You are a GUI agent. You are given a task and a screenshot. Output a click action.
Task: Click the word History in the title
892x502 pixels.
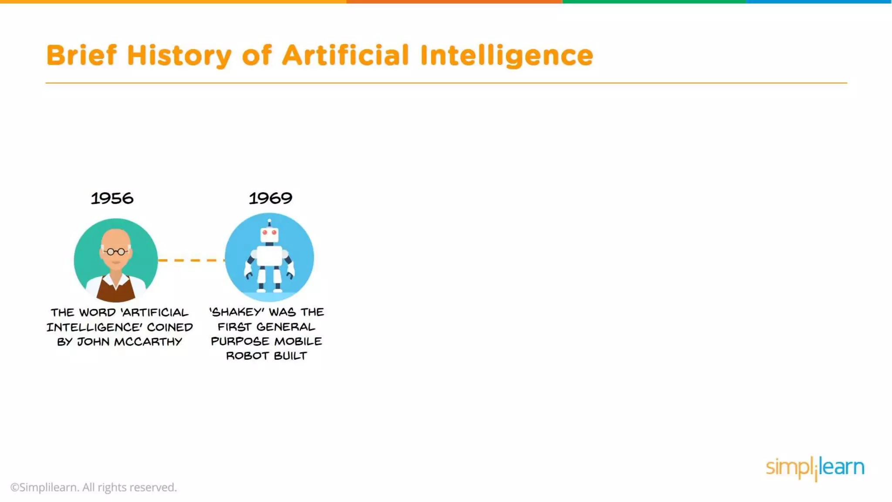179,55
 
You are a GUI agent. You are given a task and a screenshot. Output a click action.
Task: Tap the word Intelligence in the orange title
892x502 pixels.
507,55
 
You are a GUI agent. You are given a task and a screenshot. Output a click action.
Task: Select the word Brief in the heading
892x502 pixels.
81,55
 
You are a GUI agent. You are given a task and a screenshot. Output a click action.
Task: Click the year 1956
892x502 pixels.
112,199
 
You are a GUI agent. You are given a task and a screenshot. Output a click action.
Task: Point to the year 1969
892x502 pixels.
270,199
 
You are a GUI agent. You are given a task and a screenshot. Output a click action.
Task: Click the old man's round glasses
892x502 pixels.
116,251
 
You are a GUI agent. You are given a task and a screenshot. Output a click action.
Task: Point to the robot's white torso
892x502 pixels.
270,256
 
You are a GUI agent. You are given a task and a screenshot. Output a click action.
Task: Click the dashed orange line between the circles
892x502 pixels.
191,260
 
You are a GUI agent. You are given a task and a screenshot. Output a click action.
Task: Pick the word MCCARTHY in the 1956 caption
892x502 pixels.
148,342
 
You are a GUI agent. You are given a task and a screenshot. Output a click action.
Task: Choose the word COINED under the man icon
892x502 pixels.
170,327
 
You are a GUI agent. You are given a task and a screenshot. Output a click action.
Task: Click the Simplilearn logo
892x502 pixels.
815,468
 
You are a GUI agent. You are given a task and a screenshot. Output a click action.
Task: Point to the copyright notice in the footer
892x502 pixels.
94,487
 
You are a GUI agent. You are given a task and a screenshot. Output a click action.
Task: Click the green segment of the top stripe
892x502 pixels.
654,2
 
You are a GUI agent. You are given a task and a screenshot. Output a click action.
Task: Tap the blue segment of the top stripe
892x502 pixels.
819,2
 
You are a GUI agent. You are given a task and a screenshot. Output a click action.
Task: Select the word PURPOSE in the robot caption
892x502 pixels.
240,341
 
